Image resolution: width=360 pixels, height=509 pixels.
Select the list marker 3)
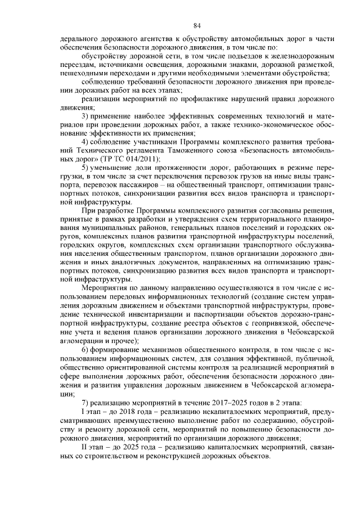tap(86, 115)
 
